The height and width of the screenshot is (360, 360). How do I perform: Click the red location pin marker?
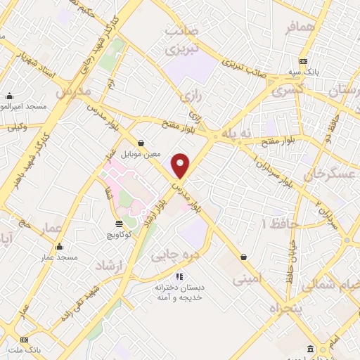coord(181,165)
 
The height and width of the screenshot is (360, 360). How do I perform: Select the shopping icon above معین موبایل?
coord(141,142)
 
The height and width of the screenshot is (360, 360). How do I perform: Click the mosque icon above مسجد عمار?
coord(58,247)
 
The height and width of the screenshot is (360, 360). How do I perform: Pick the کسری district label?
coord(287,91)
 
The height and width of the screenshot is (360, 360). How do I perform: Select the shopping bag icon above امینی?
coord(243,257)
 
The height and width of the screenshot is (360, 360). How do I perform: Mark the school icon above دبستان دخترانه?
coord(180,276)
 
